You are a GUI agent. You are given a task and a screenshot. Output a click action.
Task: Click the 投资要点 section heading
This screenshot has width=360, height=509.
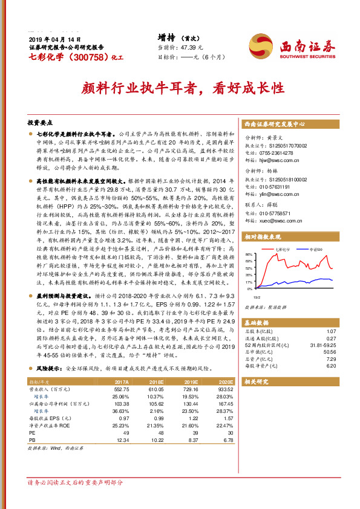[x=42, y=121]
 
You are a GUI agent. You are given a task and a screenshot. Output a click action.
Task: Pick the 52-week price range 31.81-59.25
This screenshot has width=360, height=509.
[x=320, y=345]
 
